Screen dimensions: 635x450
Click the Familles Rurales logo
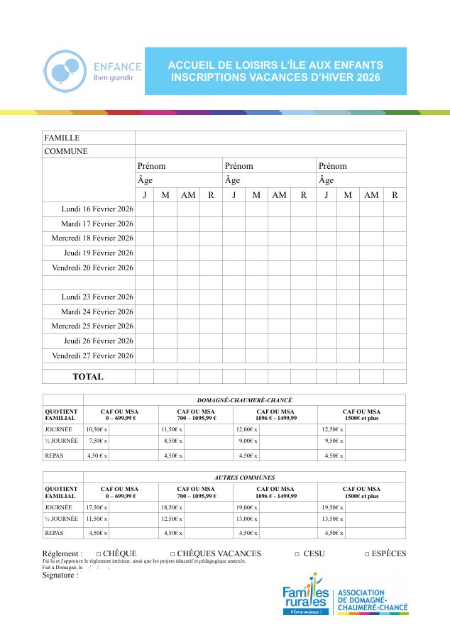pos(307,600)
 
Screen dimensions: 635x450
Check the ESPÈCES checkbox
pos(367,554)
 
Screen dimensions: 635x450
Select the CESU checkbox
pos(297,554)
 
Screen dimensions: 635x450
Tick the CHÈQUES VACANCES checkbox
pos(172,554)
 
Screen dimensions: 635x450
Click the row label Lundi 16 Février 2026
pos(97,209)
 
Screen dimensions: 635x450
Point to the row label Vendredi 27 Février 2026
pos(92,355)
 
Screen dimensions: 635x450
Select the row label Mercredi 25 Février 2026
pos(92,326)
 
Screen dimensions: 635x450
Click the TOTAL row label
pos(88,377)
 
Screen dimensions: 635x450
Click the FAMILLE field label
pos(62,138)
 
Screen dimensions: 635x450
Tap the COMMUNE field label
pos(66,151)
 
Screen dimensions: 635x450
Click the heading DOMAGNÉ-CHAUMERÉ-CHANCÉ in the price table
pos(244,400)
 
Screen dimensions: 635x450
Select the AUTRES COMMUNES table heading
pos(244,477)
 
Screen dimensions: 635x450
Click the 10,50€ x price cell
pos(97,429)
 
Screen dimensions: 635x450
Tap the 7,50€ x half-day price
pos(98,441)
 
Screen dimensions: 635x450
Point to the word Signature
pos(60,575)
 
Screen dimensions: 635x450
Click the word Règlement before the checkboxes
pos(62,553)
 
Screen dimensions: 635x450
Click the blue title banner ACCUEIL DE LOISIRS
pos(275,71)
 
